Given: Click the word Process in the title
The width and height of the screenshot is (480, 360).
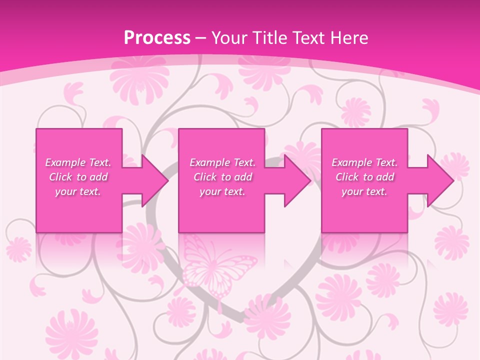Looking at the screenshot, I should coord(157,38).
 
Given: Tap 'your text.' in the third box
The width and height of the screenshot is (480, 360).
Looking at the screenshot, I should coord(364,191).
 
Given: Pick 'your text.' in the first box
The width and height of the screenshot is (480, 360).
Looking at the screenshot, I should coord(78,191).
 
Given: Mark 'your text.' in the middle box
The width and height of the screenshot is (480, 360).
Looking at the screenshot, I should coord(222,191).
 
